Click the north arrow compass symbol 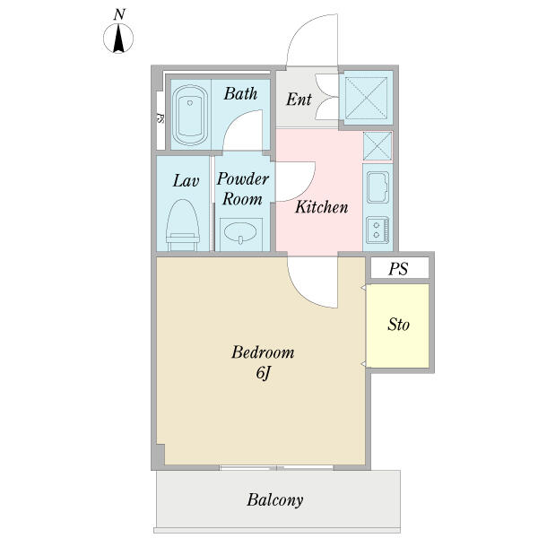click(x=118, y=38)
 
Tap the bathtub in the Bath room click(x=190, y=116)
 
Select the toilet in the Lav click(x=183, y=225)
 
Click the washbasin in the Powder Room click(x=240, y=232)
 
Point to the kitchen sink click(x=377, y=187)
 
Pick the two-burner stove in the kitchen click(x=377, y=230)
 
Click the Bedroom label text click(x=263, y=352)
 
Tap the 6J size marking click(x=264, y=373)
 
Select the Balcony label click(x=275, y=500)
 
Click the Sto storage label click(x=398, y=325)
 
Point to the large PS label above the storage click(x=398, y=269)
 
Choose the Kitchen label click(x=322, y=207)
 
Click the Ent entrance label click(x=299, y=100)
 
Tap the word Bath click(x=240, y=93)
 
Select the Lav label click(x=186, y=181)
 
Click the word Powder click(x=243, y=179)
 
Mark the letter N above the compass click(x=118, y=14)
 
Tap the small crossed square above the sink click(x=377, y=146)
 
